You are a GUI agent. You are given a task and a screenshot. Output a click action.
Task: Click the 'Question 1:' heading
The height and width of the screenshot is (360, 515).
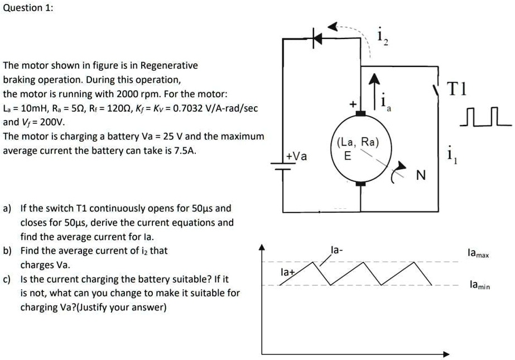pos(28,8)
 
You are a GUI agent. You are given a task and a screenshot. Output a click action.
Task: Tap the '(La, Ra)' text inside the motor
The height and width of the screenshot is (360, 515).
pos(358,143)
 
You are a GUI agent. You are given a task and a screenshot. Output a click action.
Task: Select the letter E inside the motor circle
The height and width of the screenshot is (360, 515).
pos(348,157)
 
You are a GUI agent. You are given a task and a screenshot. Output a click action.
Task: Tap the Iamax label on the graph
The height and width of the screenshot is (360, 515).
pos(479,254)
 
